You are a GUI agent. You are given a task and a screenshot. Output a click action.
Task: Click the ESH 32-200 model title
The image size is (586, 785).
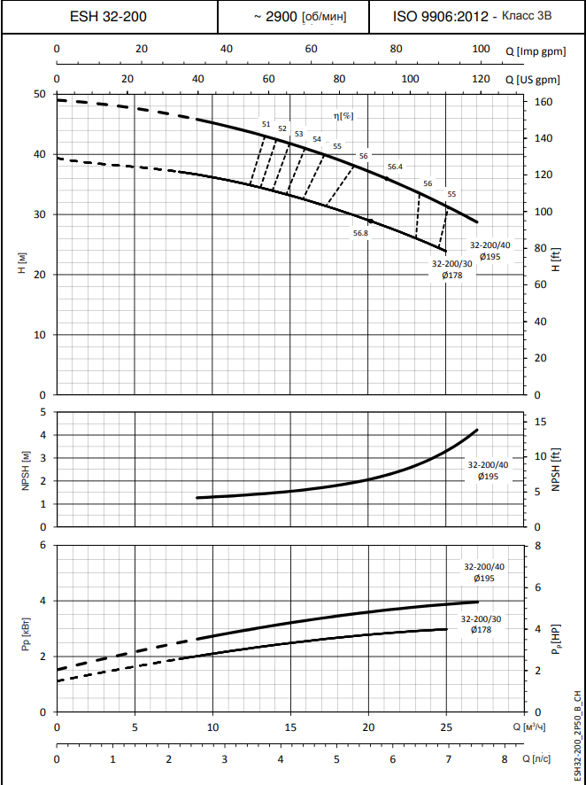click(x=108, y=16)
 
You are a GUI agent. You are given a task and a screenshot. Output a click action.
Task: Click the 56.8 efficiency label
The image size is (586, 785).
click(x=360, y=233)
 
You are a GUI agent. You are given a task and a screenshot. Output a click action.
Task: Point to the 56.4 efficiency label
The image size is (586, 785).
click(x=395, y=167)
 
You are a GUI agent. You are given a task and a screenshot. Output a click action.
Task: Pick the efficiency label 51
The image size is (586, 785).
click(x=266, y=123)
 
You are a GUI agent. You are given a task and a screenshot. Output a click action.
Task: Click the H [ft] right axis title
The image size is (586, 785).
click(x=556, y=260)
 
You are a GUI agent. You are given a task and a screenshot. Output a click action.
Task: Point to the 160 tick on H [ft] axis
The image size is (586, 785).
click(x=544, y=103)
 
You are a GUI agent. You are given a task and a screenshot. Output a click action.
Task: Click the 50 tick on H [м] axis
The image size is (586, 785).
click(x=39, y=94)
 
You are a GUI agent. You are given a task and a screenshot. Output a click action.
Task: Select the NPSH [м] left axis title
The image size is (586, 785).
click(x=26, y=470)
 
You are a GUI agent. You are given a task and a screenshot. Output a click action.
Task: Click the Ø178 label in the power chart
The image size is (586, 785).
click(x=481, y=629)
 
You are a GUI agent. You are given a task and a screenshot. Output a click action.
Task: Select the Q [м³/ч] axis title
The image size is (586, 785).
click(x=536, y=727)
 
